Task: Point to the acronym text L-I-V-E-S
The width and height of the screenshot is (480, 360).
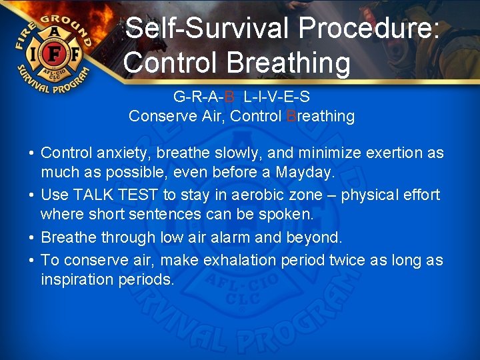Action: pyautogui.click(x=277, y=97)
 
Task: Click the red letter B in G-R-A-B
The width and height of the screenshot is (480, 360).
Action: pyautogui.click(x=229, y=97)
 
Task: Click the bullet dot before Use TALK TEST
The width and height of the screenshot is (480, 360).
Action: pyautogui.click(x=31, y=195)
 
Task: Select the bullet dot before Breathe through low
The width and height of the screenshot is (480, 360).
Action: pyautogui.click(x=31, y=238)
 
